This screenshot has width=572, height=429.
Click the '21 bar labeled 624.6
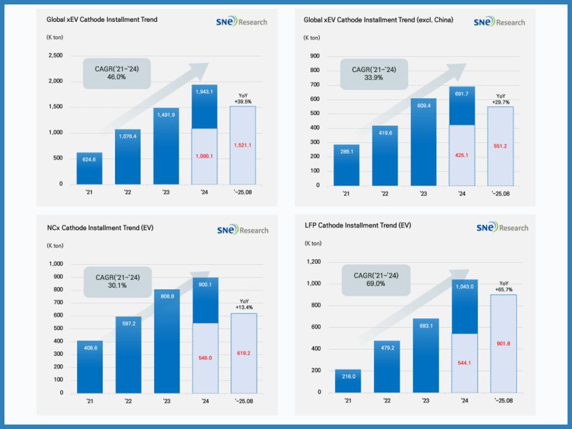point(89,168)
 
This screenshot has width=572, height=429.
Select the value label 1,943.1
point(204,89)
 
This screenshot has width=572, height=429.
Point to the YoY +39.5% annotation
point(243,99)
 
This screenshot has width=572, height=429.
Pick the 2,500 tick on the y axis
point(55,56)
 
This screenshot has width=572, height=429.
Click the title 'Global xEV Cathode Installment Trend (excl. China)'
point(378,20)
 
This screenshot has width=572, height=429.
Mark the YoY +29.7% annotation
point(500,99)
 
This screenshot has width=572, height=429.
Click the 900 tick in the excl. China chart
point(314,56)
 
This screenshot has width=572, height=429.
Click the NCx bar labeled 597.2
point(128,355)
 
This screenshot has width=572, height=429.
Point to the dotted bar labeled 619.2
point(244,353)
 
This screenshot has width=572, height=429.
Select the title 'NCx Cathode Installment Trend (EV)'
point(100,228)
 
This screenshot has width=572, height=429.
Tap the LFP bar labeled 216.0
point(348,381)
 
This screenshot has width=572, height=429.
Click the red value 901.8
point(503,344)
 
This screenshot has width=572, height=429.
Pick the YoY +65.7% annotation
point(503,286)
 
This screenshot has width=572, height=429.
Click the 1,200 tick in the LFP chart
point(313,262)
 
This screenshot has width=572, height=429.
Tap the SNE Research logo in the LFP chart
point(502,228)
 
